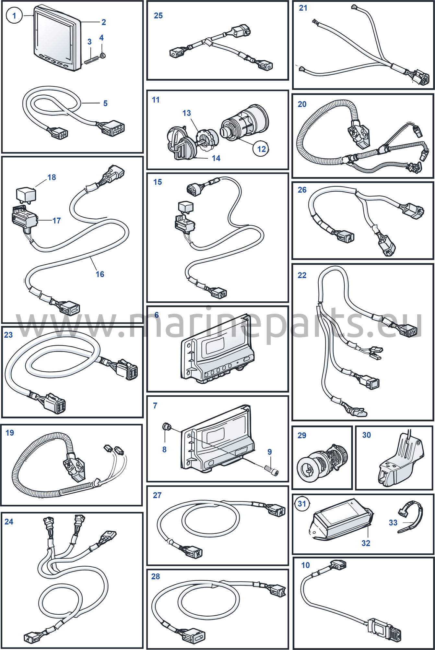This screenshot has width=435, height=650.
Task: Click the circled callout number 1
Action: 14,16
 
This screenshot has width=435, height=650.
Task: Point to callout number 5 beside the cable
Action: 105,103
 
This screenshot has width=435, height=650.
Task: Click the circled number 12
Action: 261,149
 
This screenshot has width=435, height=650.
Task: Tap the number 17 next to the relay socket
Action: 57,221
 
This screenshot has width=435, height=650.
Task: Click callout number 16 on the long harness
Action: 100,274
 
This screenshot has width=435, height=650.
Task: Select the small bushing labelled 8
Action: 167,427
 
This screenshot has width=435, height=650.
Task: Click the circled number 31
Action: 302,504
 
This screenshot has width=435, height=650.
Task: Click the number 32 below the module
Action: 366,543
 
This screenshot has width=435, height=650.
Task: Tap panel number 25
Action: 158,16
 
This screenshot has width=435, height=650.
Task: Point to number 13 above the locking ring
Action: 187,113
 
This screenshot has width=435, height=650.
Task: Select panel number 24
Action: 9,522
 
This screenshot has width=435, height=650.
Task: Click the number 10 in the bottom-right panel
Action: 306,565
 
